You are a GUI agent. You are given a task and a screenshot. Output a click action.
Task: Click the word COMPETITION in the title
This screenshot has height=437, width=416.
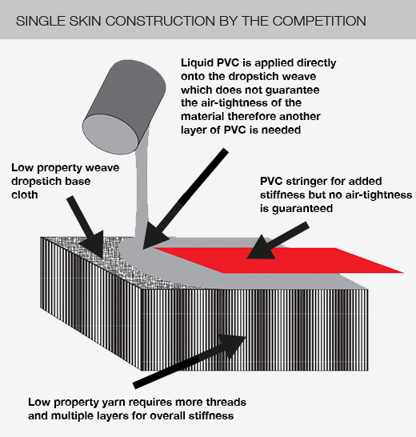tap(319, 21)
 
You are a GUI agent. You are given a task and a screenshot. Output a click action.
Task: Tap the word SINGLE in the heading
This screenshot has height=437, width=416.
tap(41, 21)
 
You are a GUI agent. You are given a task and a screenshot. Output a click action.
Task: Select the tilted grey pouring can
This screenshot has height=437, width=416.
tap(124, 107)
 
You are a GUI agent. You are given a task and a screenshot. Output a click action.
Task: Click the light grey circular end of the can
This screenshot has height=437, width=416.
tap(110, 134)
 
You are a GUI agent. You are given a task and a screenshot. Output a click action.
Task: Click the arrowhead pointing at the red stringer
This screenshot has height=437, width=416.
tap(261, 248)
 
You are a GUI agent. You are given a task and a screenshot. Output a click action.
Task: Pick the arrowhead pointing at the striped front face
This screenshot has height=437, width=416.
tap(231, 345)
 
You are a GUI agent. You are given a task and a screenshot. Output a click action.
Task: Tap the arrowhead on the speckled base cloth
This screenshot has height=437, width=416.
tap(94, 245)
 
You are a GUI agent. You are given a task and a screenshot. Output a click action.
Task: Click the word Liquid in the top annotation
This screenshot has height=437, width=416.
tap(197, 63)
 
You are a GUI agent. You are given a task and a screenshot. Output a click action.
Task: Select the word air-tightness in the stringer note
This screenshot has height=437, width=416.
tap(378, 194)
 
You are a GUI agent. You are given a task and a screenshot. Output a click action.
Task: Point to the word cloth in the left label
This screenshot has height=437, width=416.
tap(25, 194)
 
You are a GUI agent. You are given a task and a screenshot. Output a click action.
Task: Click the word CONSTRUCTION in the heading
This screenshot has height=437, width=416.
tap(161, 21)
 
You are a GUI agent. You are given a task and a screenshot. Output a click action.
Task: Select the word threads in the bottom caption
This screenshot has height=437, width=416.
tap(226, 403)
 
